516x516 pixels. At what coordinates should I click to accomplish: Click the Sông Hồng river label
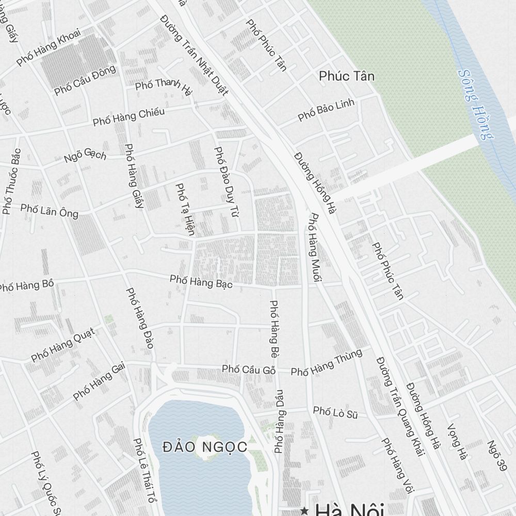pos(475,104)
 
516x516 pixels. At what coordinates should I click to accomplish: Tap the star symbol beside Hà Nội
pos(305,511)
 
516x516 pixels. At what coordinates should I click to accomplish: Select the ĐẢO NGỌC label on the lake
pos(204,446)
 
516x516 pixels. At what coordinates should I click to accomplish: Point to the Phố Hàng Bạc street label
pos(201,282)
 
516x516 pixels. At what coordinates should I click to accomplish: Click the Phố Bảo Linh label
pos(326,110)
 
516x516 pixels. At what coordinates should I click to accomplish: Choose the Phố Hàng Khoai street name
pos(49,47)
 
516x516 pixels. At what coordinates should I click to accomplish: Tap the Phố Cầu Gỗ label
pos(248,369)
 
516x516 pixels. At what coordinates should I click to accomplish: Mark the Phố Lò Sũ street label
pos(335,412)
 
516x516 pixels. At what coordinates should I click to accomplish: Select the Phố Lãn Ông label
pos(50,211)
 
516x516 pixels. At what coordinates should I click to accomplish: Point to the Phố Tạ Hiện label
pos(185,209)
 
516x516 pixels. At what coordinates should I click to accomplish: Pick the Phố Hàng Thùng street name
pos(326,363)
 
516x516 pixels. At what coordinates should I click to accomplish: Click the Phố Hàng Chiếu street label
pos(128,117)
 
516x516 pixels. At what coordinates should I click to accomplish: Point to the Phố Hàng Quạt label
pos(63,344)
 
